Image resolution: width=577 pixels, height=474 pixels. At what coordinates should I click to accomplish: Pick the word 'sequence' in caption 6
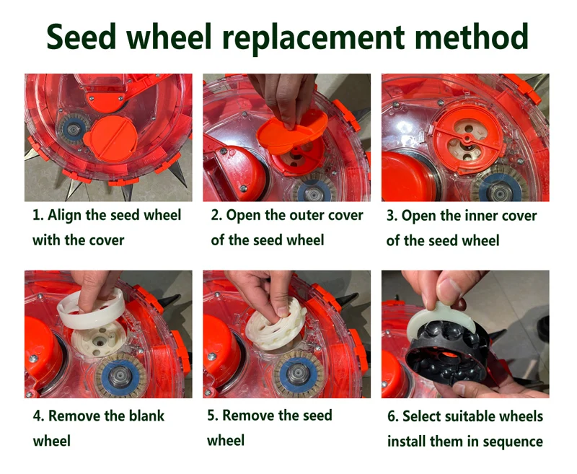511,441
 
